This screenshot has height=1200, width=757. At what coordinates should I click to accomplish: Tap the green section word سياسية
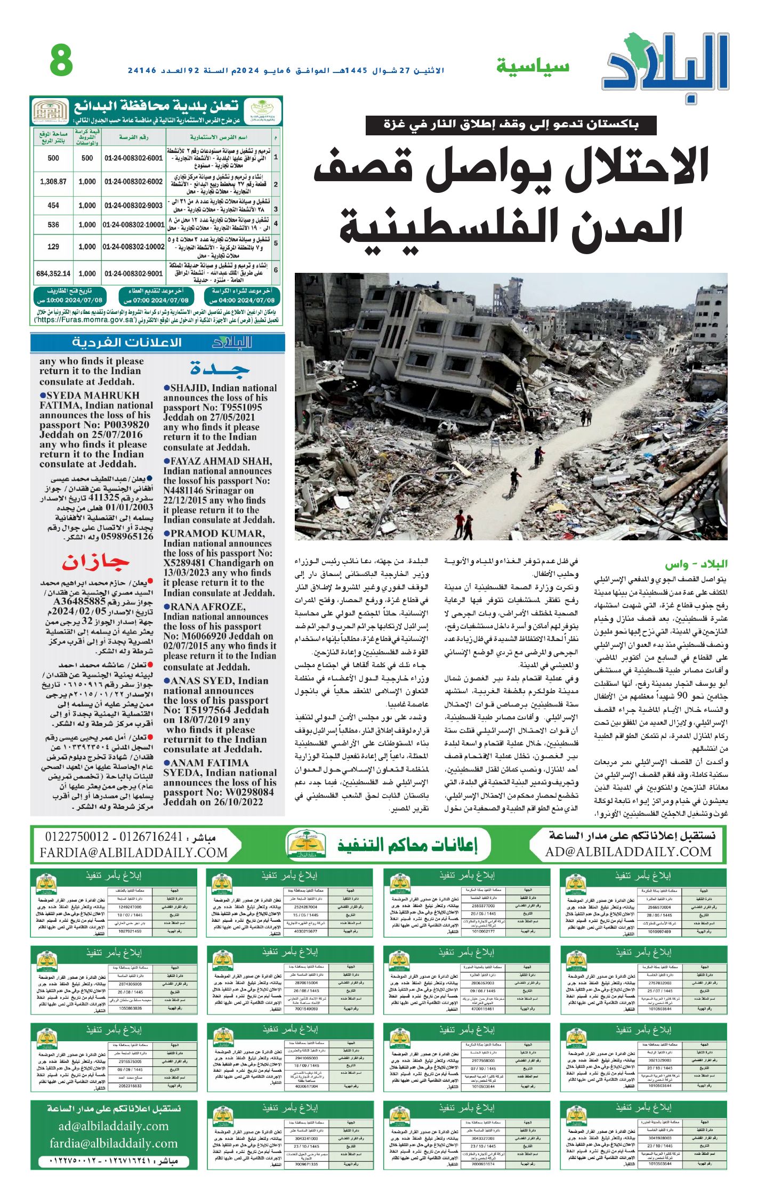[x=533, y=67]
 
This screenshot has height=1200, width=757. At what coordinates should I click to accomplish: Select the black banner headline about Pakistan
[x=510, y=125]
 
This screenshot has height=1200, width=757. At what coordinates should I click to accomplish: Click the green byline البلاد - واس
[x=695, y=564]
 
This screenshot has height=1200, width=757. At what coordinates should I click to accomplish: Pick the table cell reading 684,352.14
[x=53, y=273]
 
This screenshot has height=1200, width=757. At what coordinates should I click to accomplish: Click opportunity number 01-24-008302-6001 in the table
[x=133, y=158]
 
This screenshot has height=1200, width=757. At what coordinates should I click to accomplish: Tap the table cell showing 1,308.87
[x=53, y=182]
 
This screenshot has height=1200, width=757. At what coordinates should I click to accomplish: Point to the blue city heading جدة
[x=220, y=368]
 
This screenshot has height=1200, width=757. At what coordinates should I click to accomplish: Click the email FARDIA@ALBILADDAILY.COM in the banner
[x=133, y=853]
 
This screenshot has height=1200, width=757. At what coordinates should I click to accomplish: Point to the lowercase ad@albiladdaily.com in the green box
[x=114, y=1126]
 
